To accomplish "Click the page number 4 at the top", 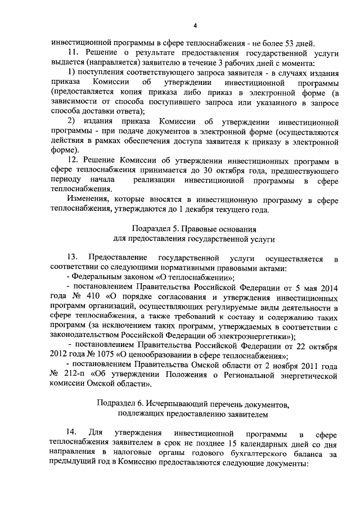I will tap(194, 25).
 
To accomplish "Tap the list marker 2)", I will tap(71, 121).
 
